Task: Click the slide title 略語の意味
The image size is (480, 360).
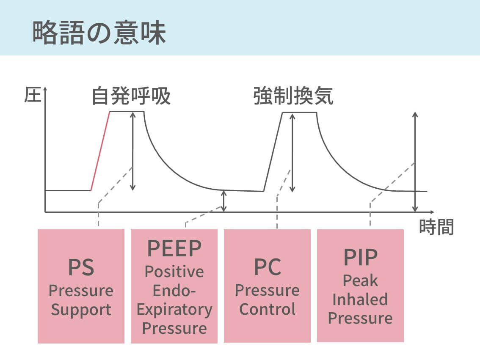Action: [99, 33]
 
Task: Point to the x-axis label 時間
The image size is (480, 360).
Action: [436, 227]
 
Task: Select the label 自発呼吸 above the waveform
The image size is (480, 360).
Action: [131, 96]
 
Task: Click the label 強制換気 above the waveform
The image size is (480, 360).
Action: [293, 96]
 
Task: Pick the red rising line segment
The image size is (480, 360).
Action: [101, 151]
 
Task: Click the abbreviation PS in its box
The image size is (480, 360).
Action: [81, 267]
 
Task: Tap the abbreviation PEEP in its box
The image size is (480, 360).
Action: [174, 249]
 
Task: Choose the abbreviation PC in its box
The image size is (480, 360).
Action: [267, 267]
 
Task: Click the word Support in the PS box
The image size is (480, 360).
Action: [81, 309]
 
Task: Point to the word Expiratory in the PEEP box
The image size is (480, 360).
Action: [174, 309]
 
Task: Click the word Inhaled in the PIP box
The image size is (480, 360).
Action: [360, 299]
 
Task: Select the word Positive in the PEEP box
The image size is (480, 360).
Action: [174, 271]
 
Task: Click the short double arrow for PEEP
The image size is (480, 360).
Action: [224, 201]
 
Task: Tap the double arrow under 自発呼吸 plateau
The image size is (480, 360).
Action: [133, 151]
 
